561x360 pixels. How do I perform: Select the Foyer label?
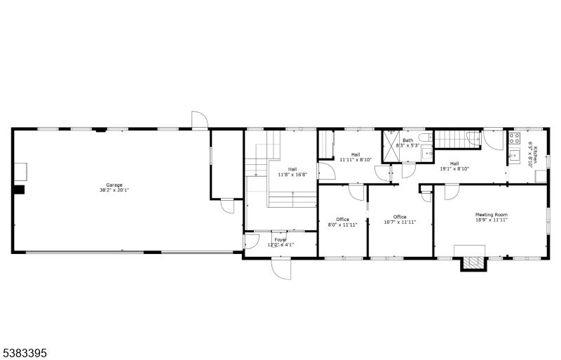(x=280, y=240)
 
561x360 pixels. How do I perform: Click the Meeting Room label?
(x=491, y=215)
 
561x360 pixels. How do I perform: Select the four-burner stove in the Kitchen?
(x=514, y=138)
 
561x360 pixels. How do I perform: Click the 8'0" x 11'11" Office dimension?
(x=343, y=225)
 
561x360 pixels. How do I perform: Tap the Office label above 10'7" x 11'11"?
(x=400, y=217)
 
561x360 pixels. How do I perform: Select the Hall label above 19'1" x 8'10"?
(x=454, y=164)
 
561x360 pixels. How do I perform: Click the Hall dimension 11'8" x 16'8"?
(x=292, y=174)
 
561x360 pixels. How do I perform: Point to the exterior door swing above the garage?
(x=200, y=120)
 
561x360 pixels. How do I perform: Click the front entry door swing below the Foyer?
(x=280, y=269)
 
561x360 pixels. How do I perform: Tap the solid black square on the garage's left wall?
(x=19, y=189)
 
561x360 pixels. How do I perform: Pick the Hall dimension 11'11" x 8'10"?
(x=356, y=159)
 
